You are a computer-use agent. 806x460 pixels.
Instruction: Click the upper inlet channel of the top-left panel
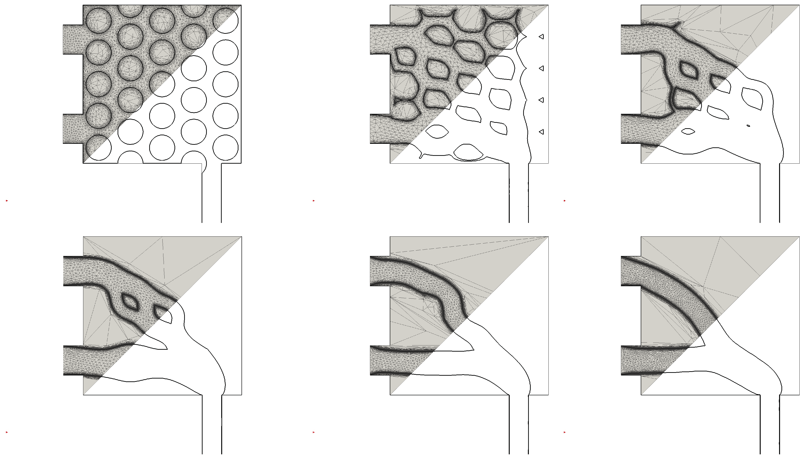pyautogui.click(x=73, y=39)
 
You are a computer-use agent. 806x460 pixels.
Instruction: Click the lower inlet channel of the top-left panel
pyautogui.click(x=73, y=129)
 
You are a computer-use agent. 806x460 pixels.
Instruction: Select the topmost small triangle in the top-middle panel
pyautogui.click(x=541, y=37)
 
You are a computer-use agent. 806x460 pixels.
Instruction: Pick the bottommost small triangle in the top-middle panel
pyautogui.click(x=541, y=132)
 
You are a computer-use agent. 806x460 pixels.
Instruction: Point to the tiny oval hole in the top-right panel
pyautogui.click(x=748, y=126)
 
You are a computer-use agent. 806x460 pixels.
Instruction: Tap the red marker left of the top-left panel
pyautogui.click(x=7, y=201)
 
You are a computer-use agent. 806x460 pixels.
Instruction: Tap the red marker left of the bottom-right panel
pyautogui.click(x=565, y=432)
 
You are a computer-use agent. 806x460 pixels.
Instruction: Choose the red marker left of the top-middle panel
pyautogui.click(x=314, y=201)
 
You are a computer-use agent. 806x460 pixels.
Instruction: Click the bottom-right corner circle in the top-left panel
pyautogui.click(x=225, y=147)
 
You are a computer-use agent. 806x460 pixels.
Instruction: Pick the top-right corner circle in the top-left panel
pyautogui.click(x=225, y=21)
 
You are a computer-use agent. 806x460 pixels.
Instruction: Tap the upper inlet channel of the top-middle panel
pyautogui.click(x=380, y=39)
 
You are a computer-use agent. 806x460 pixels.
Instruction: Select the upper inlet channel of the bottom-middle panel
pyautogui.click(x=380, y=271)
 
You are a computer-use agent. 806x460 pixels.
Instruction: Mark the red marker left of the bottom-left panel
pyautogui.click(x=7, y=432)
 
